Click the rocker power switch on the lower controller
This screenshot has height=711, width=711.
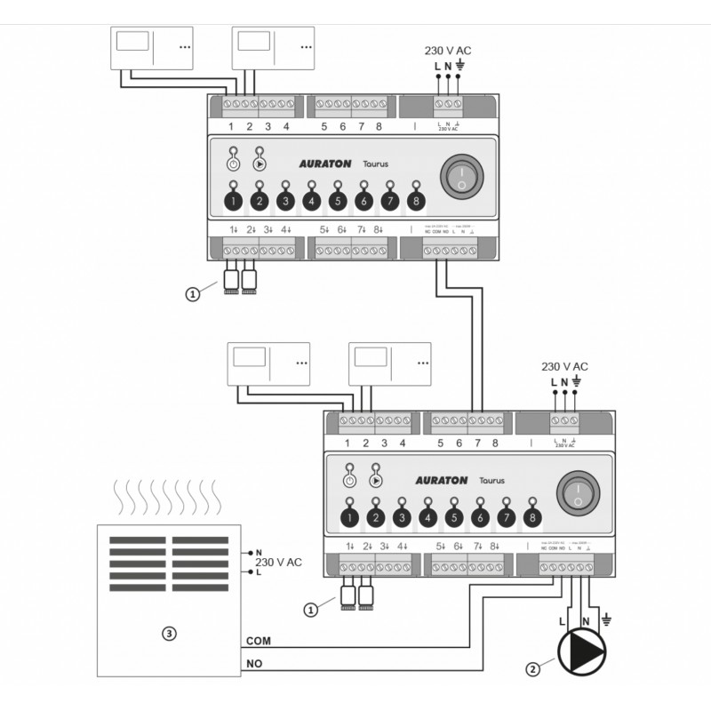tap(578, 490)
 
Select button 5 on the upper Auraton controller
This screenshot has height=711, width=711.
tap(337, 202)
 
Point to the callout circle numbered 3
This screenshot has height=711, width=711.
tap(168, 634)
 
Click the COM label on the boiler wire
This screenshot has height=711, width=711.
tap(258, 641)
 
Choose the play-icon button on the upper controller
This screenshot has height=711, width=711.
tap(259, 164)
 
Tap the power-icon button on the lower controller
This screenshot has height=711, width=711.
tap(349, 480)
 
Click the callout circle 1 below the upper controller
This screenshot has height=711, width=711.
tap(193, 296)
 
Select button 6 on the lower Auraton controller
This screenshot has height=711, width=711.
tap(480, 517)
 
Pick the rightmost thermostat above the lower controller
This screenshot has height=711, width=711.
tap(392, 363)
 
